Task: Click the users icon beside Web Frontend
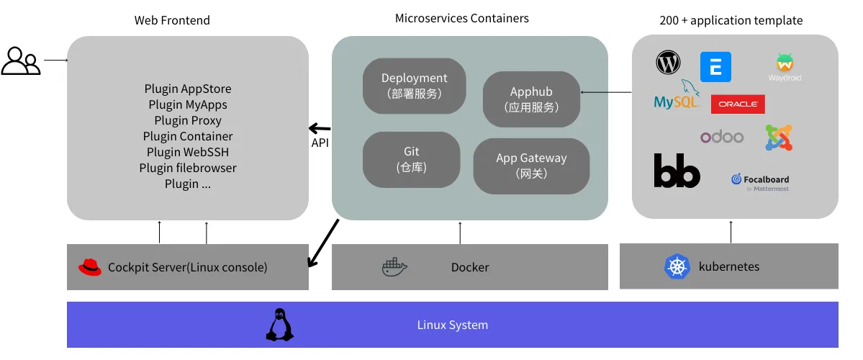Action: [21, 61]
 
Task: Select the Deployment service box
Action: [414, 86]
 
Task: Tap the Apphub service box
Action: [531, 99]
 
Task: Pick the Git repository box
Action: [411, 159]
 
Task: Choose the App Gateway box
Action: [531, 166]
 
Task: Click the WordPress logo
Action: [668, 63]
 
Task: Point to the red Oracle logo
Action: [738, 104]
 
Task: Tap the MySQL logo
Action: [677, 98]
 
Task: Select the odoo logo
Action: [722, 137]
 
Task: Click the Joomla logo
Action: [778, 138]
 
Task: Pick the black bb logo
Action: [677, 171]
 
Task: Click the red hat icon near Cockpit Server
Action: [90, 266]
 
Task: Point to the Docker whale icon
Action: [394, 267]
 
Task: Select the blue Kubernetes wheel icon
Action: [677, 266]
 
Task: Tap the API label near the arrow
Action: [320, 143]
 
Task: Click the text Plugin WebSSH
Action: [188, 152]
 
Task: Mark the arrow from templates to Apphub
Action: [606, 92]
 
